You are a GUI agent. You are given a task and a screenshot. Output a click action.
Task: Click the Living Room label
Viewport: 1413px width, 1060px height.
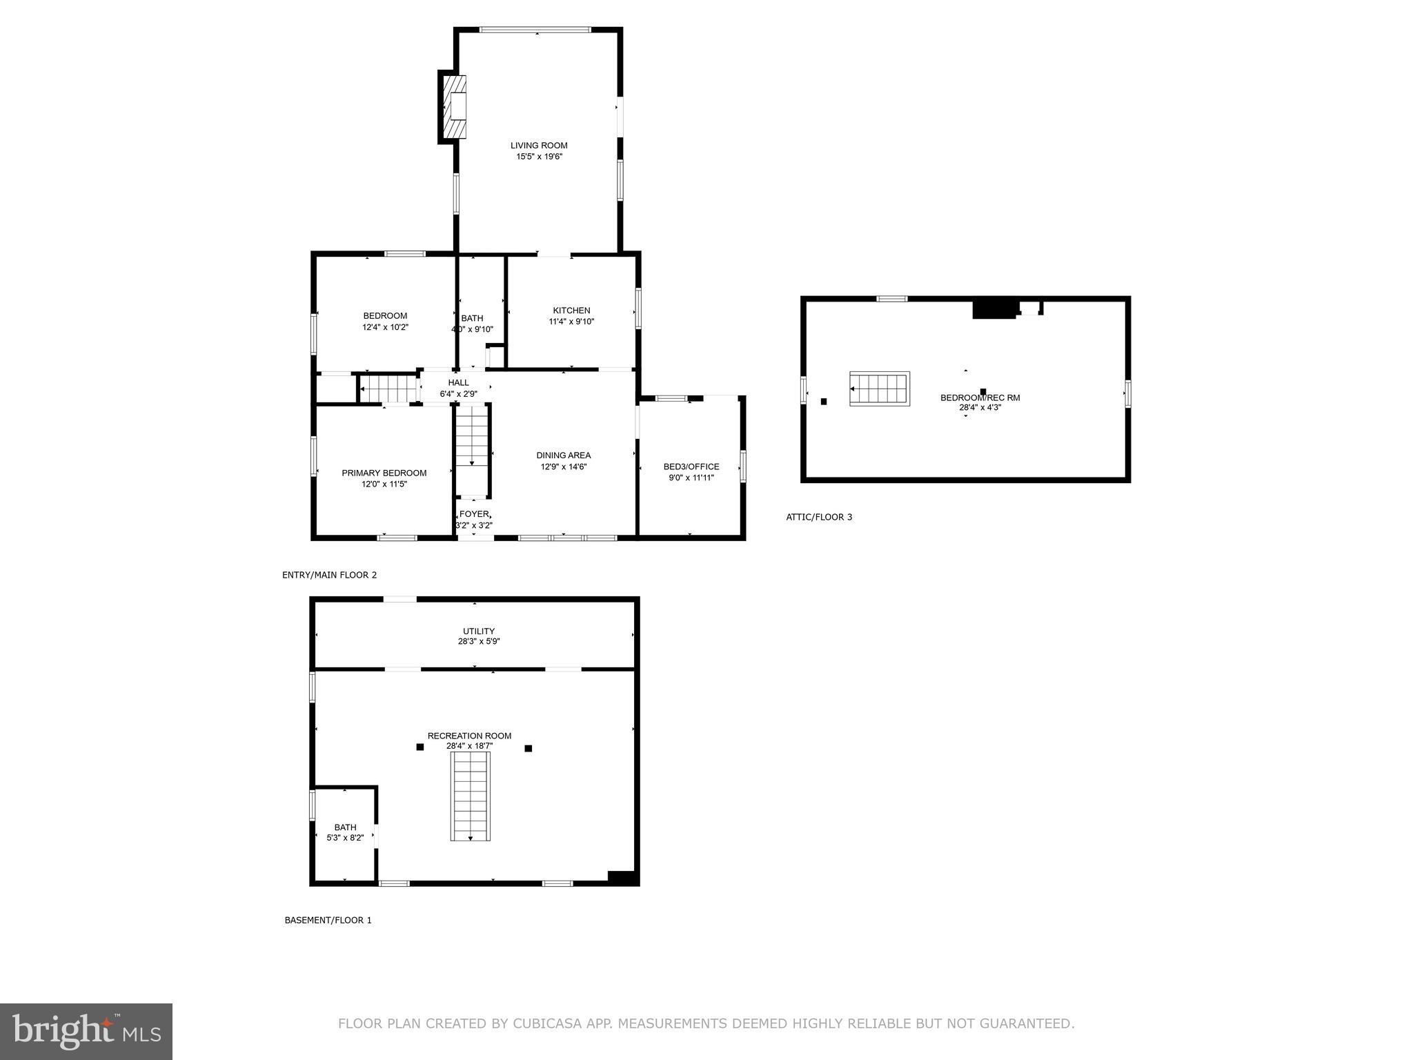[539, 146]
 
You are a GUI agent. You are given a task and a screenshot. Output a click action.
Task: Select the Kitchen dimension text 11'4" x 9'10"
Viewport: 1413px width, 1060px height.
[571, 322]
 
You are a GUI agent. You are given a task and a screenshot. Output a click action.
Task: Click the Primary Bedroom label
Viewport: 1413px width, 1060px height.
[384, 473]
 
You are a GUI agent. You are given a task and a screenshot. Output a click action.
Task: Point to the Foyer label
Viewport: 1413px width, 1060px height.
[474, 514]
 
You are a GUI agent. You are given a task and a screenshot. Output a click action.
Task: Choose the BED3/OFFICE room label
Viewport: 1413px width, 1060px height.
[691, 467]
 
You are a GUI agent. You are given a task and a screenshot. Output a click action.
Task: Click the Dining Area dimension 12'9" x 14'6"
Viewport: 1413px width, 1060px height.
[564, 467]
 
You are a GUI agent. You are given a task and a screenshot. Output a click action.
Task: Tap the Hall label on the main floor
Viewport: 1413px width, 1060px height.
[458, 382]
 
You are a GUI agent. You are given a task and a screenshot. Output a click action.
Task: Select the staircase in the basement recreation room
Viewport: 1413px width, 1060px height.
[471, 796]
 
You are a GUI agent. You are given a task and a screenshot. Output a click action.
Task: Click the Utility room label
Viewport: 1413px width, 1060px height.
[479, 631]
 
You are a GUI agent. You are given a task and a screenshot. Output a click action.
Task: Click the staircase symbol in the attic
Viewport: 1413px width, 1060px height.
[879, 389]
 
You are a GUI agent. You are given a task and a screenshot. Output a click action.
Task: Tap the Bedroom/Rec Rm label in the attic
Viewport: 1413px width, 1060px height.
[980, 397]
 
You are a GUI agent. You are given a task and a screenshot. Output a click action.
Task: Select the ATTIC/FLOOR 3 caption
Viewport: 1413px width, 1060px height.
[819, 517]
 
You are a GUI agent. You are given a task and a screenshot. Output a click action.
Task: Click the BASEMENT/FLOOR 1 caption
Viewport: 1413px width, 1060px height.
[328, 920]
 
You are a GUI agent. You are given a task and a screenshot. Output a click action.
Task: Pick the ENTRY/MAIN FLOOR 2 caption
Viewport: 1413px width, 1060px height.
[329, 575]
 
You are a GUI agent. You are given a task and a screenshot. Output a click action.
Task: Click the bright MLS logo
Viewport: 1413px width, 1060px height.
[86, 1031]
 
